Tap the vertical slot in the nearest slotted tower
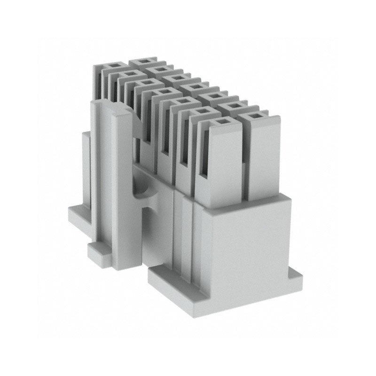point(204,155)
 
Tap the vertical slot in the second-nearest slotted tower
point(186,146)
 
